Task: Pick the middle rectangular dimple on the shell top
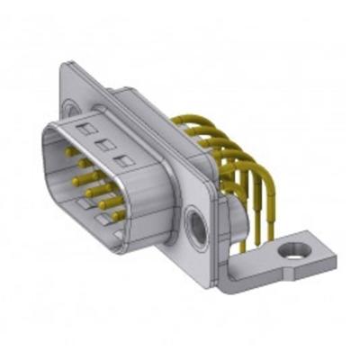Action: click(105, 145)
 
